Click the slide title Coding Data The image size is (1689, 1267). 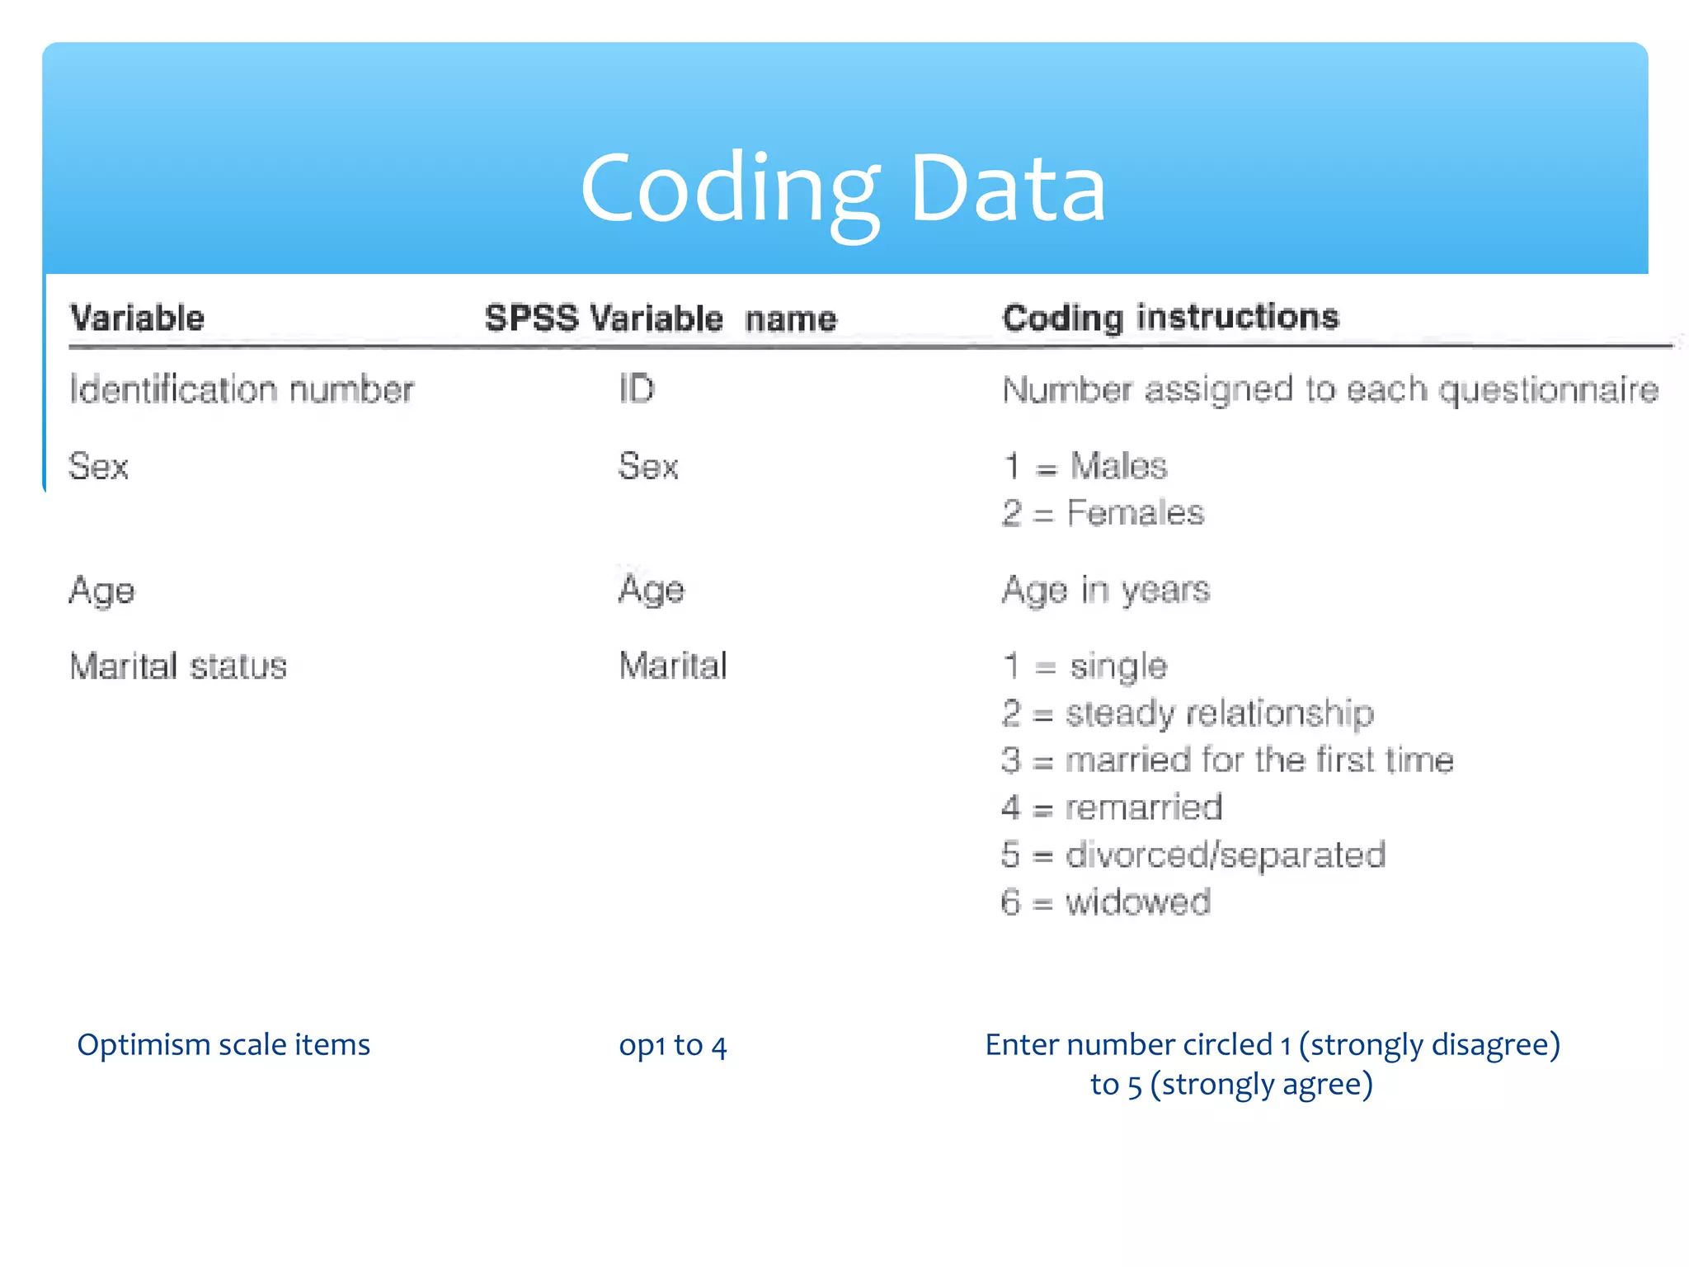pyautogui.click(x=843, y=190)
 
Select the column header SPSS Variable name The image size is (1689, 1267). pyautogui.click(x=660, y=318)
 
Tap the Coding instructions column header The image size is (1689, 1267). pyautogui.click(x=1170, y=318)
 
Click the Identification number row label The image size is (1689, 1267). pyautogui.click(x=241, y=389)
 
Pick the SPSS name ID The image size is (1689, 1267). pyautogui.click(x=636, y=389)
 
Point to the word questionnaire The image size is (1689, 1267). pyautogui.click(x=1548, y=390)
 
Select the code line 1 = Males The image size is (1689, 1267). pyautogui.click(x=1084, y=467)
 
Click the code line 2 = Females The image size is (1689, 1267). pyautogui.click(x=1103, y=513)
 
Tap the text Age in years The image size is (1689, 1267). pyautogui.click(x=1105, y=590)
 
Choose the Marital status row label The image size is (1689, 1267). pyautogui.click(x=178, y=666)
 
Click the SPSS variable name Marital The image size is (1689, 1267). pyautogui.click(x=673, y=666)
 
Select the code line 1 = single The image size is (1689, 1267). pyautogui.click(x=1084, y=666)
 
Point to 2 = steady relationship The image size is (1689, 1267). pyautogui.click(x=1188, y=714)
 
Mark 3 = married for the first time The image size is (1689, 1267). pyautogui.click(x=1227, y=761)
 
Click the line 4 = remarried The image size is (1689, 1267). pyautogui.click(x=1111, y=808)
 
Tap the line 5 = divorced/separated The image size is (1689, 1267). pyautogui.click(x=1193, y=855)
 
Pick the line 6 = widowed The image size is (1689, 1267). pyautogui.click(x=1105, y=902)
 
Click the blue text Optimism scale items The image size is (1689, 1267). pyautogui.click(x=223, y=1045)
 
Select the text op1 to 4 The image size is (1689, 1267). pyautogui.click(x=673, y=1046)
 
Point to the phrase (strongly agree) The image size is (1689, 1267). pyautogui.click(x=1261, y=1085)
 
